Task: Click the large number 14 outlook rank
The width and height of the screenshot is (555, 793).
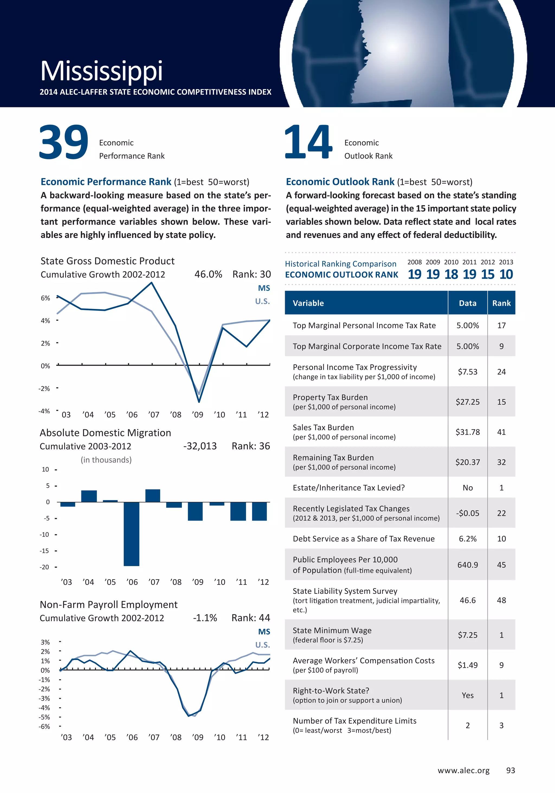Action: point(308,142)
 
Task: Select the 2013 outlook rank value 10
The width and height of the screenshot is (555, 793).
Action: point(506,274)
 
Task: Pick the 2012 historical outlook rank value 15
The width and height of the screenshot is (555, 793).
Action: point(487,274)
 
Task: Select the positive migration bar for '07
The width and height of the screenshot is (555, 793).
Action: point(153,496)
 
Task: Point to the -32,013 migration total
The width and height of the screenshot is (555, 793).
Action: point(200,446)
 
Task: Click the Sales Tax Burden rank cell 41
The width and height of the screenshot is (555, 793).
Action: point(501,432)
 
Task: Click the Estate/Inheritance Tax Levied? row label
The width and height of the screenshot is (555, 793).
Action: point(349,488)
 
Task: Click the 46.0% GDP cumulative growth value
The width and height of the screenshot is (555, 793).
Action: point(208,274)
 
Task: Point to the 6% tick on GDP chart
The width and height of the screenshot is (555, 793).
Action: point(46,298)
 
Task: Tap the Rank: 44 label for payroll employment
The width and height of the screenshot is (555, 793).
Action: point(250,618)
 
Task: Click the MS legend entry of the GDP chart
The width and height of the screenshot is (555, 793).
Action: point(264,288)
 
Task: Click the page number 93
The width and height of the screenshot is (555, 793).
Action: point(510,771)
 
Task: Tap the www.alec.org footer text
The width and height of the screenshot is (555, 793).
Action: point(463,771)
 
